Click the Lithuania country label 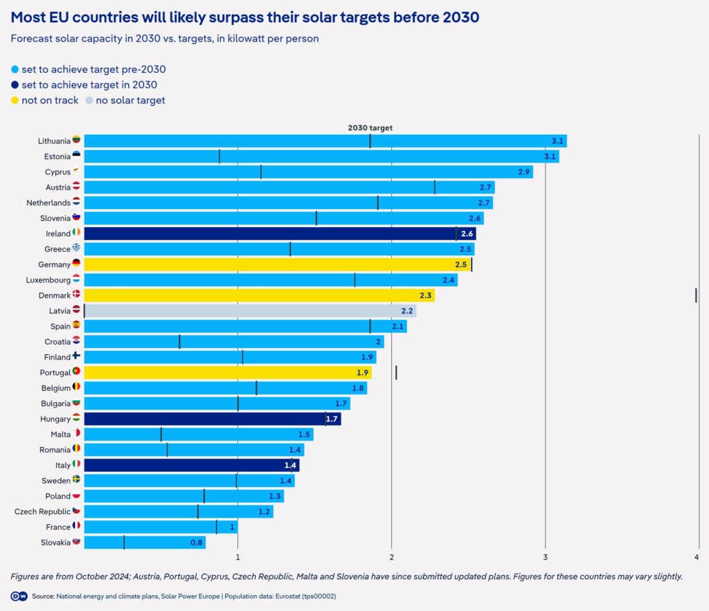[x=54, y=141]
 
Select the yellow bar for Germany [x=277, y=264]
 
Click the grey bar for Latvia [x=249, y=311]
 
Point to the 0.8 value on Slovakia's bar [x=197, y=542]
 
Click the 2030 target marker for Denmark [x=696, y=295]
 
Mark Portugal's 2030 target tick [x=396, y=372]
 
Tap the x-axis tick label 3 [x=546, y=557]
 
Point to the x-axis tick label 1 [x=238, y=557]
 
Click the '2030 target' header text [x=370, y=127]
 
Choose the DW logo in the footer [x=19, y=596]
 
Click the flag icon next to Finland [x=76, y=356]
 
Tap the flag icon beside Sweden [x=76, y=480]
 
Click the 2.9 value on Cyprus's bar [x=524, y=172]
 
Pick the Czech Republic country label [x=42, y=511]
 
